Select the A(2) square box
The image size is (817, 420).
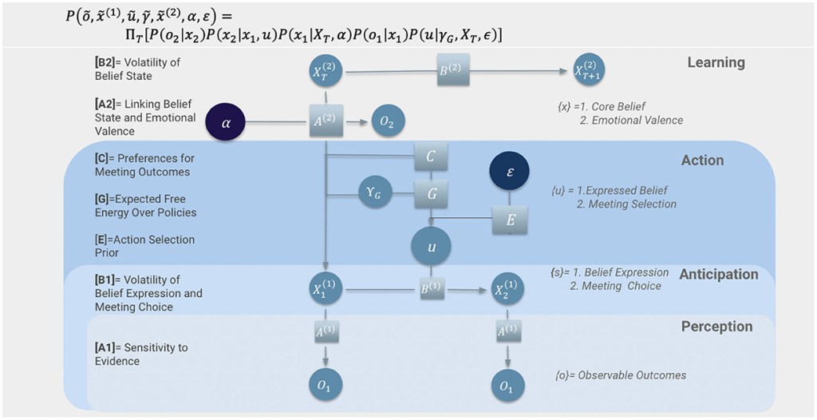[x=326, y=122]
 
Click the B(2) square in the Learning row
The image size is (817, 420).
[x=452, y=70]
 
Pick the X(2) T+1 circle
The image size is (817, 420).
[x=588, y=71]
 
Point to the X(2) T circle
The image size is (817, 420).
[x=326, y=71]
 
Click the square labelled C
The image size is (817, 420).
[x=431, y=157]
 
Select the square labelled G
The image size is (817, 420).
[x=431, y=194]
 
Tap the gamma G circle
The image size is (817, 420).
[x=375, y=194]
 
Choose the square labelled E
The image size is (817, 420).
[x=511, y=219]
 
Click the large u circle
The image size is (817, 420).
[x=431, y=247]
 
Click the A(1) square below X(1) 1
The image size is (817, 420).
[x=326, y=331]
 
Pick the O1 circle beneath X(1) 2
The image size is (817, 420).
[x=507, y=386]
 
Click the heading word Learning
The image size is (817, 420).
[x=716, y=62]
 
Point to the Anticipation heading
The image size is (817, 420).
[x=718, y=274]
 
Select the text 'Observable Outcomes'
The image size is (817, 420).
[x=631, y=374]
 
